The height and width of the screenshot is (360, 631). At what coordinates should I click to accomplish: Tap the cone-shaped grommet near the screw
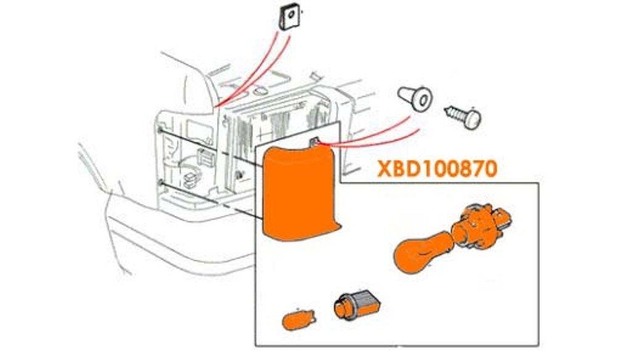click(x=417, y=97)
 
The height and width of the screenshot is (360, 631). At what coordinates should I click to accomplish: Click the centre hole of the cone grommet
click(x=425, y=98)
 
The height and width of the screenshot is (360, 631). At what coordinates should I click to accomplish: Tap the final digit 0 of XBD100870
click(x=490, y=168)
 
